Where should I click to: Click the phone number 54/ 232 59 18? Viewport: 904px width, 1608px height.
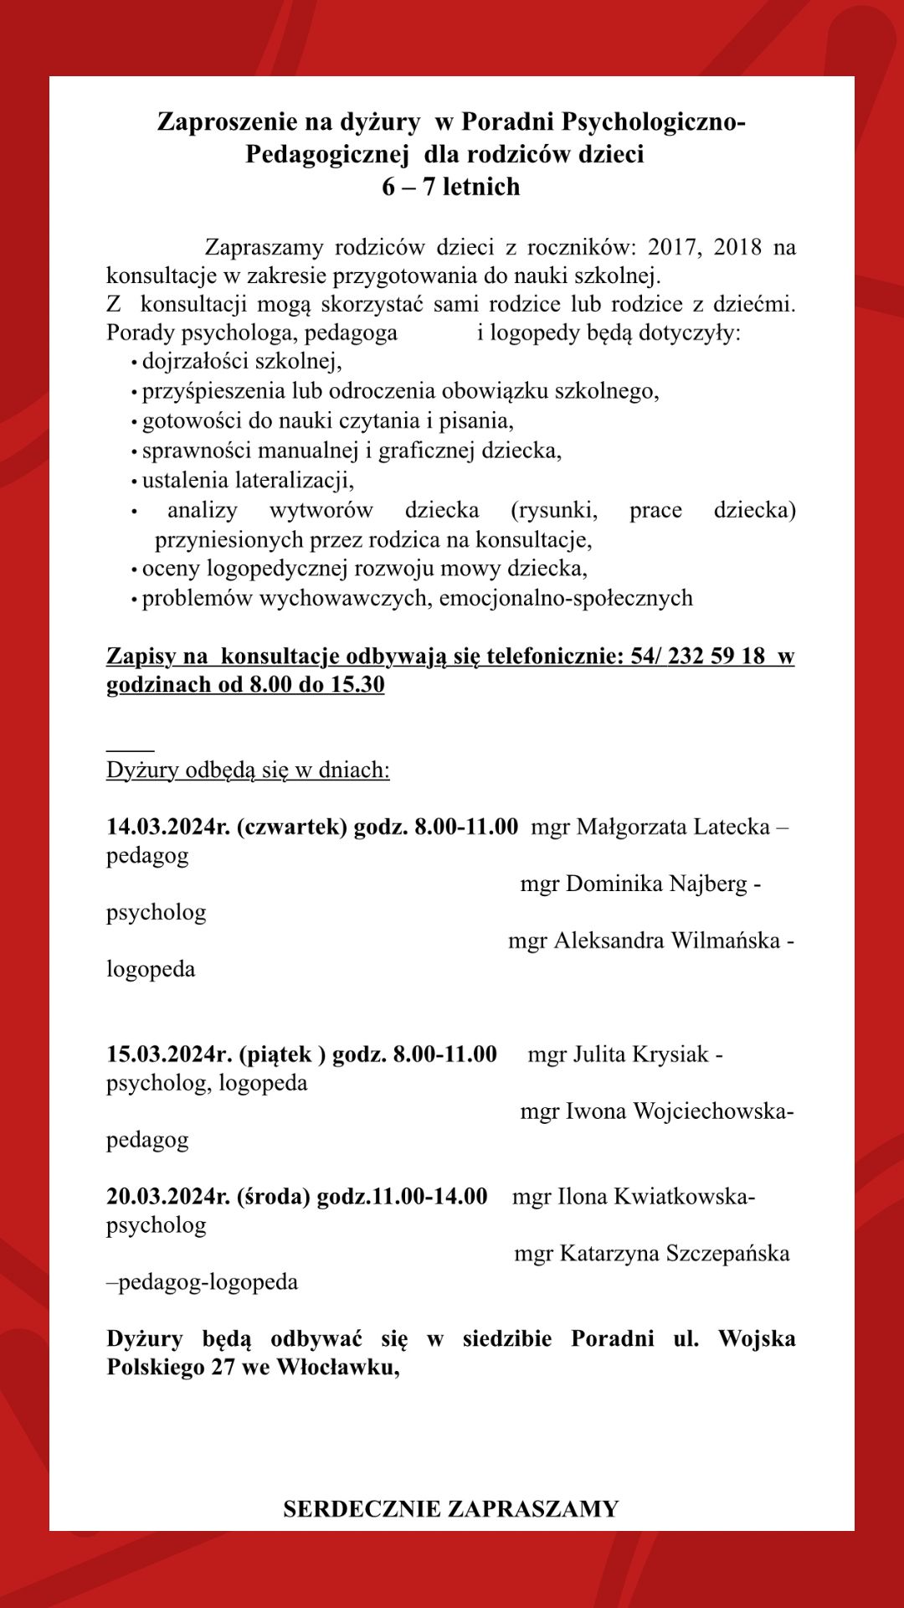(698, 655)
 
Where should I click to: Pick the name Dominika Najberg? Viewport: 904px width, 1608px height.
(656, 884)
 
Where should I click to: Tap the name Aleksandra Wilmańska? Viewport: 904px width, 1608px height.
(666, 941)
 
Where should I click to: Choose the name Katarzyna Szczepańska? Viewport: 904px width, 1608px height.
(674, 1254)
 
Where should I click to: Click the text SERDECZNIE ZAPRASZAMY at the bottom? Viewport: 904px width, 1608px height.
(450, 1509)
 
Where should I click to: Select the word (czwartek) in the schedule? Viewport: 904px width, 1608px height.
(292, 827)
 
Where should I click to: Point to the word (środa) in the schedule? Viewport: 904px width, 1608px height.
(274, 1196)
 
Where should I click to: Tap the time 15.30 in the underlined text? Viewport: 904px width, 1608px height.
(357, 684)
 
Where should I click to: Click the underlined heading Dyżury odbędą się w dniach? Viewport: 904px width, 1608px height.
(248, 770)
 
